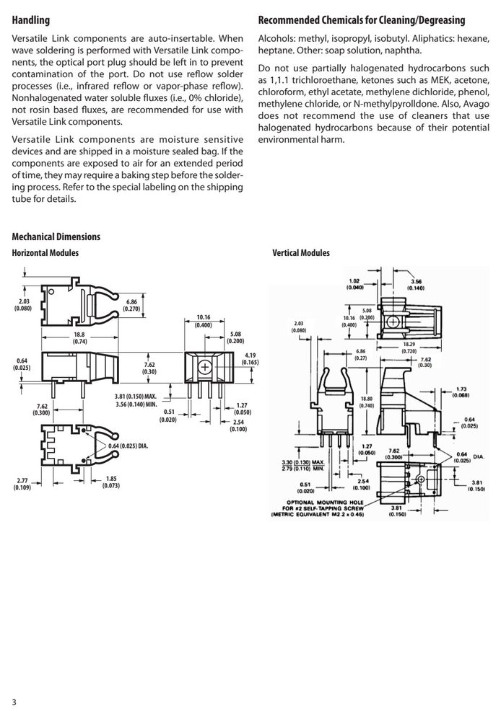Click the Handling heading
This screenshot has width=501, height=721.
point(30,20)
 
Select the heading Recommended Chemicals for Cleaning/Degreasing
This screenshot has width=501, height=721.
point(362,20)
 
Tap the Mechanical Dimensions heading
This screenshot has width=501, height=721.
point(56,236)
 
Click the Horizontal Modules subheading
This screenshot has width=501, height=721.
point(45,252)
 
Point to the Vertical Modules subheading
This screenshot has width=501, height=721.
point(301,252)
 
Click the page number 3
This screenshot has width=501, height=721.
point(14,702)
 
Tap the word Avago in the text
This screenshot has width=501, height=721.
point(476,104)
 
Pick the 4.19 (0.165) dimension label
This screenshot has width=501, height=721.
point(250,358)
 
